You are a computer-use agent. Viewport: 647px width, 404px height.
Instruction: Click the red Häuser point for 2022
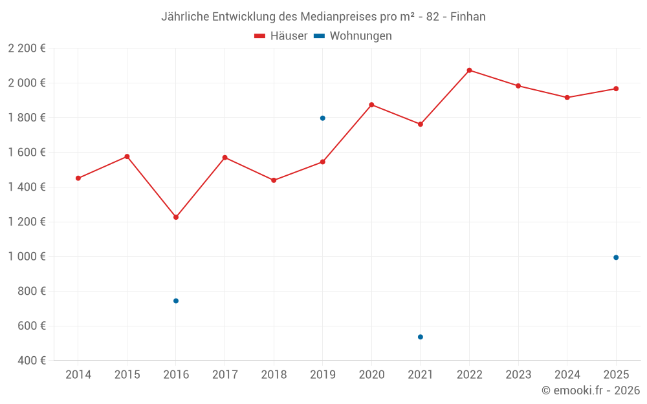pyautogui.click(x=469, y=70)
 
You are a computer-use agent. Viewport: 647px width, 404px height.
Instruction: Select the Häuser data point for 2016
pyautogui.click(x=176, y=217)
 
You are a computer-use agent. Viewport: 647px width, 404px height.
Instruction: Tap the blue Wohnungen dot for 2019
pyautogui.click(x=322, y=118)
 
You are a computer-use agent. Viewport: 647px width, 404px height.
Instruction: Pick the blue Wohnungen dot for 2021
pyautogui.click(x=421, y=337)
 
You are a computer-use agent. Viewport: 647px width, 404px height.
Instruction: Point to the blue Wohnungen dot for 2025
pyautogui.click(x=616, y=257)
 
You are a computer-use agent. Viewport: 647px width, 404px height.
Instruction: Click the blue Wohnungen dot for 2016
pyautogui.click(x=176, y=301)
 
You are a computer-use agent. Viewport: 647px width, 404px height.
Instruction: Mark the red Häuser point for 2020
pyautogui.click(x=371, y=105)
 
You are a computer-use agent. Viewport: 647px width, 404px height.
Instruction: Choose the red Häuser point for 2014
pyautogui.click(x=78, y=178)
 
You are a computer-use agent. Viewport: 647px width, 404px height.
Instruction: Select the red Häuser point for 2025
pyautogui.click(x=616, y=89)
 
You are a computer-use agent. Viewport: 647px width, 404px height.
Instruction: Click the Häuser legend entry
pyautogui.click(x=281, y=36)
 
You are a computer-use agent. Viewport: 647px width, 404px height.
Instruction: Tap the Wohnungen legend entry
pyautogui.click(x=353, y=36)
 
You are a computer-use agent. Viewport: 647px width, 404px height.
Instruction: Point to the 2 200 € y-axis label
pyautogui.click(x=27, y=48)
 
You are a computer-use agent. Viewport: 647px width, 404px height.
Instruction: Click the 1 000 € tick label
pyautogui.click(x=27, y=257)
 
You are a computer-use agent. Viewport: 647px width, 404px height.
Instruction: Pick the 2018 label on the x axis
pyautogui.click(x=274, y=375)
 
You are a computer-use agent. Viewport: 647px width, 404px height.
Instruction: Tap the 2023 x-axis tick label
pyautogui.click(x=518, y=375)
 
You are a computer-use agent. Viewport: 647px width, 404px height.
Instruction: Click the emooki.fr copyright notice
pyautogui.click(x=590, y=390)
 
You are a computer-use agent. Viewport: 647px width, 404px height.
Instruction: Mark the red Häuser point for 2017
pyautogui.click(x=225, y=158)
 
